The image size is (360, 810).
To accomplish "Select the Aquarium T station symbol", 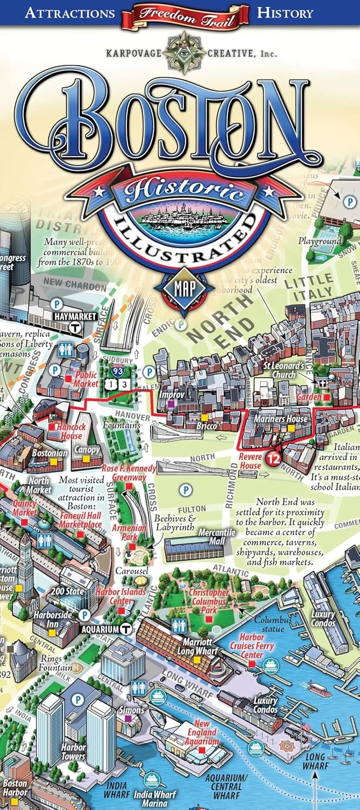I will [126, 629].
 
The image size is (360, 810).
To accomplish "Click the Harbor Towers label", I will [73, 752].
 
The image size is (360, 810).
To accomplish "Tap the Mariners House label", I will [289, 418].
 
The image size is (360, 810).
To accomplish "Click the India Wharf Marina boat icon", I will [151, 779].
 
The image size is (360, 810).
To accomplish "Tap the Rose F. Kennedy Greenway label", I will [129, 473].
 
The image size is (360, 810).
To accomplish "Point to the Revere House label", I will [250, 461].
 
